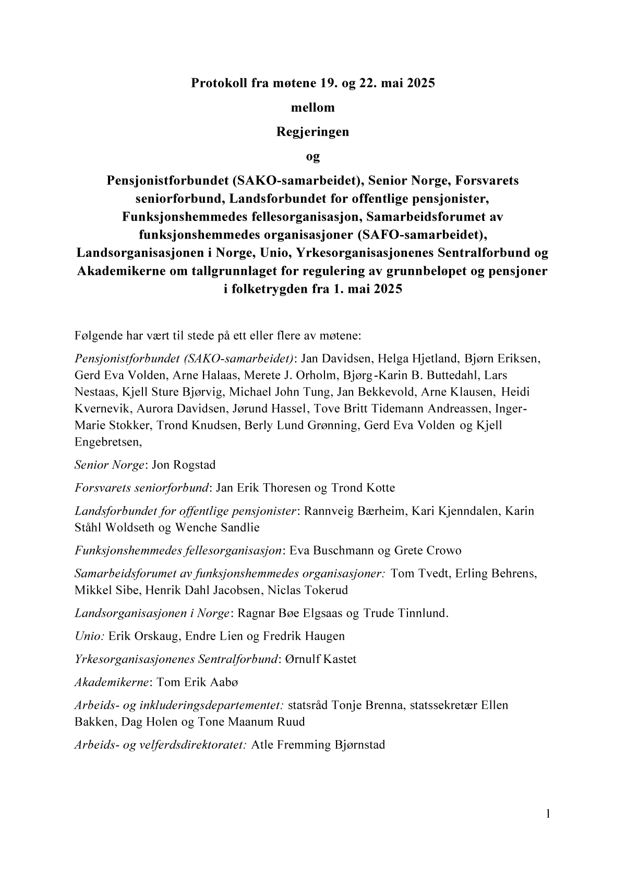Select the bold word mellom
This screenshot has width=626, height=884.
click(312, 107)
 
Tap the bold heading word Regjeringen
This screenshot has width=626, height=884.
click(312, 132)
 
